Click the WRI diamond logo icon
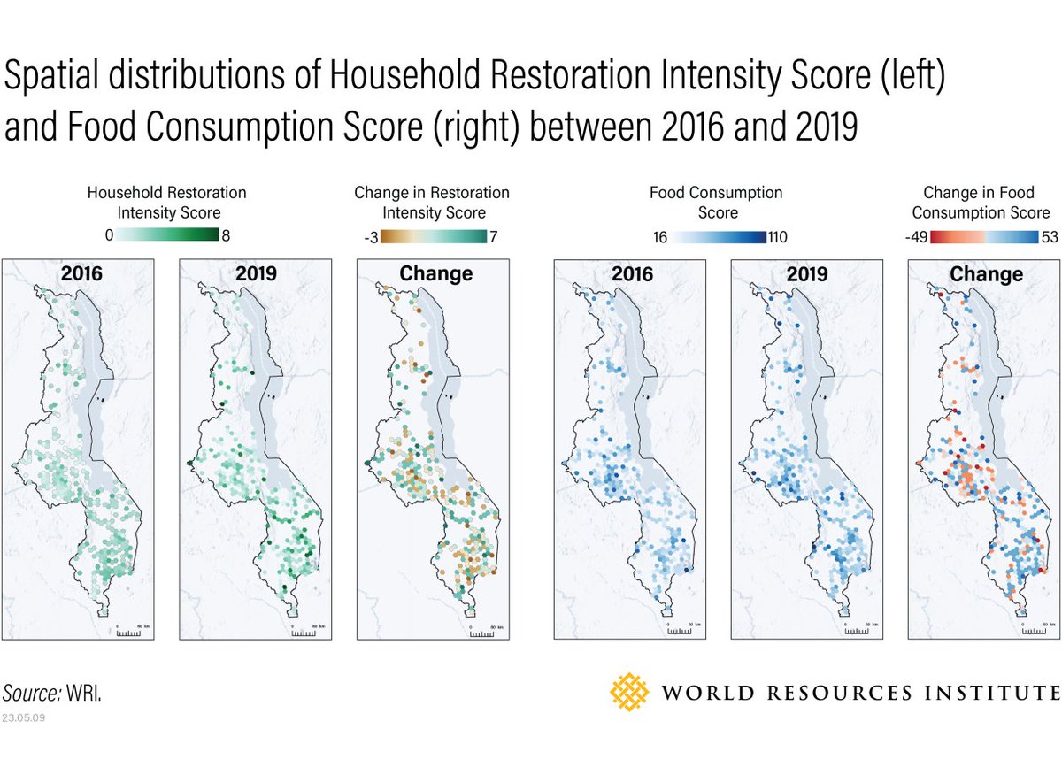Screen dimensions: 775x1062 631,692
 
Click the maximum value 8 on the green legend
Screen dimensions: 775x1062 225,235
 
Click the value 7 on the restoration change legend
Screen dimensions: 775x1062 495,236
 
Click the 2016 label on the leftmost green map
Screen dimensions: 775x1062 81,273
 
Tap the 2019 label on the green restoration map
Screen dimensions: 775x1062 258,273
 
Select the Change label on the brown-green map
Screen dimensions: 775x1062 435,273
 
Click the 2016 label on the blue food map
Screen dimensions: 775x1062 632,273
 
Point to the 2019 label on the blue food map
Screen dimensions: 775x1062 808,273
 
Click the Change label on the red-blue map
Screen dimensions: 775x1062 986,273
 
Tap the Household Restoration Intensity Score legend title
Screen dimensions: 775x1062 168,202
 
